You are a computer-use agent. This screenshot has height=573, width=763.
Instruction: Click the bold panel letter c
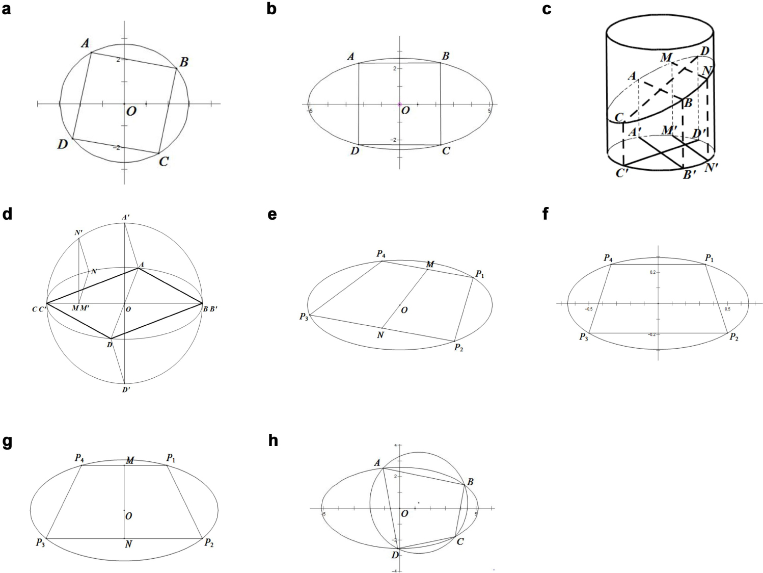pos(547,9)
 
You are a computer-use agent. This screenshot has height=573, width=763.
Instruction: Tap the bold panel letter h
pos(273,440)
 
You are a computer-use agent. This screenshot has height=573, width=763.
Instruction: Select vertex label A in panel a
pos(85,44)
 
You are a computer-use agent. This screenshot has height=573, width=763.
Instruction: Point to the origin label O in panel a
pos(131,111)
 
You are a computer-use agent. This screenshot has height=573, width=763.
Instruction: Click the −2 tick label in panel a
pos(117,148)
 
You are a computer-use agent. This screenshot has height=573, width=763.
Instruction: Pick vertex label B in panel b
pos(445,56)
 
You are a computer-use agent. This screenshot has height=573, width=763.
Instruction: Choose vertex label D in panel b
pos(355,151)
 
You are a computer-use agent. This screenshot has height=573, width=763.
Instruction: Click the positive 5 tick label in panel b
pos(489,111)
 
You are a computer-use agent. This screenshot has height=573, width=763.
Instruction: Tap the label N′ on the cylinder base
pos(711,167)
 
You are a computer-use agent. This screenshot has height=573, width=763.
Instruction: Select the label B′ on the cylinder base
pos(689,175)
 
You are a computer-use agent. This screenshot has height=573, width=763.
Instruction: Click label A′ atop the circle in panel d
pos(125,218)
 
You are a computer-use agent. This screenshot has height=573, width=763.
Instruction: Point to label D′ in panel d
pos(126,390)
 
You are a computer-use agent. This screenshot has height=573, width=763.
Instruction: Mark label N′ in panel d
pos(78,233)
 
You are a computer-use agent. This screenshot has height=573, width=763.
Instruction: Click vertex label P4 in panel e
pos(381,254)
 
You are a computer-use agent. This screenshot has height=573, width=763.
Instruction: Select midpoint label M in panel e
pos(430,264)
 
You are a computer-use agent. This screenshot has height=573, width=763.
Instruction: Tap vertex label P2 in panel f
pos(734,337)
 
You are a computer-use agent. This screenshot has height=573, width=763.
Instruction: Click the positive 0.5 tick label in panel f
pos(727,309)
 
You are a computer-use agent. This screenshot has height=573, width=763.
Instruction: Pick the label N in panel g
pos(128,544)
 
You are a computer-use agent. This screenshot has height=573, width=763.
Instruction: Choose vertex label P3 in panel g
pos(40,543)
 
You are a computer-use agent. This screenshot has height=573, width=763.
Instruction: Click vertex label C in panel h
pos(460,541)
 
